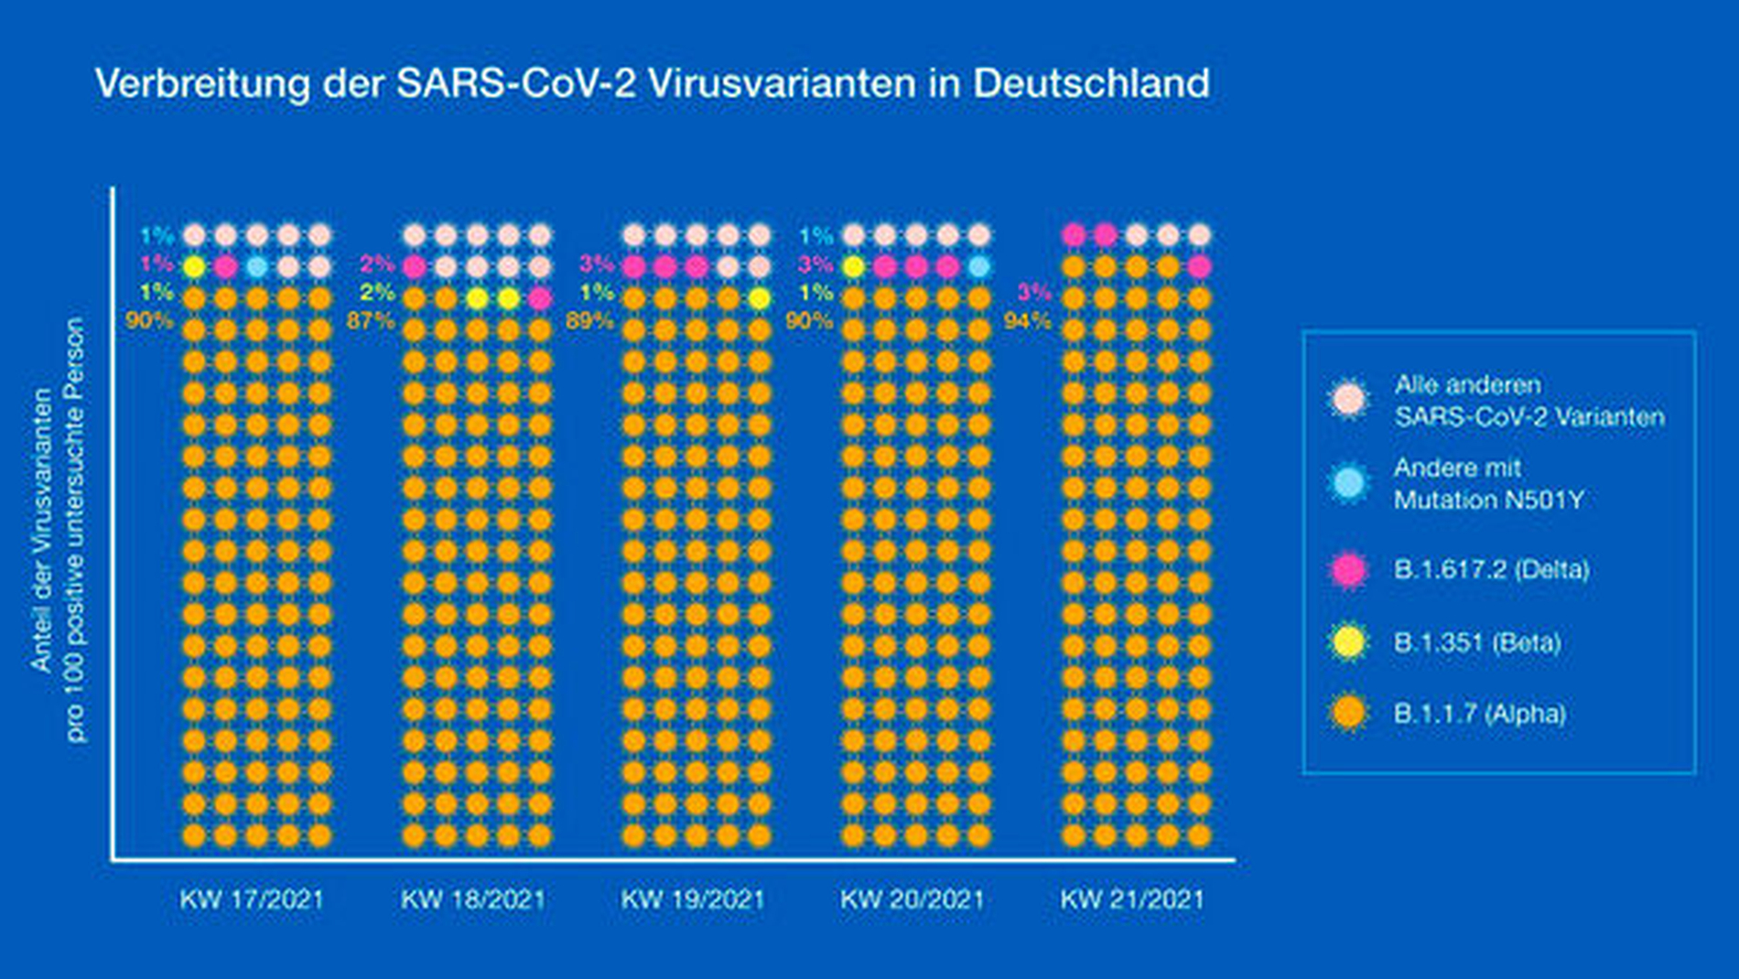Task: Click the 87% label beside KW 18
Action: tap(371, 321)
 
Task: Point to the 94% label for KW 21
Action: tap(1027, 321)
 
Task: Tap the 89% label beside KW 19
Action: tap(589, 321)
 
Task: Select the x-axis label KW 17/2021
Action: tap(252, 899)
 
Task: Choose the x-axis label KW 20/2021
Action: tap(912, 899)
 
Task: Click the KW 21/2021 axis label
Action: tap(1132, 899)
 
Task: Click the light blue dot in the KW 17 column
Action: tap(257, 267)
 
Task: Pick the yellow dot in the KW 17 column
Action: tap(194, 267)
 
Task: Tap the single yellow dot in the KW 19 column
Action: tap(759, 298)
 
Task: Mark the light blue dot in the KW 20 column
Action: tap(978, 267)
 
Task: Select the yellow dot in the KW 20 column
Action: tap(853, 267)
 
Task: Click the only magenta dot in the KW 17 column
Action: tap(226, 267)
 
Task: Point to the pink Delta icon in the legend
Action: tap(1347, 570)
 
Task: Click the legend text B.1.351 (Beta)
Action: tap(1476, 642)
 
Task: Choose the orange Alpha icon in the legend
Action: tap(1347, 714)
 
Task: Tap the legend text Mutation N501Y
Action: tap(1488, 500)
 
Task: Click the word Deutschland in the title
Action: tap(1091, 83)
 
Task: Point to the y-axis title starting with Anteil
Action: tap(42, 531)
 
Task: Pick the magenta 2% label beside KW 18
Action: tap(377, 264)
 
